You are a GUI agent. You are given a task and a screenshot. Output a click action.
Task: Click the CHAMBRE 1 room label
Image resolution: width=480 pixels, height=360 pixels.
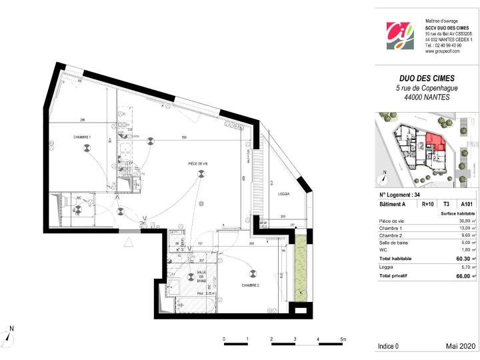pyautogui.click(x=82, y=137)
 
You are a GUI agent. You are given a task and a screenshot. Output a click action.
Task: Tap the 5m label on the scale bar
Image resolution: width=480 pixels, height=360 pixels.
pyautogui.click(x=342, y=339)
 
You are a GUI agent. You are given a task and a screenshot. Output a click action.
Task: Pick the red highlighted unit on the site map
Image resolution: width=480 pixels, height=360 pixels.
pyautogui.click(x=435, y=141)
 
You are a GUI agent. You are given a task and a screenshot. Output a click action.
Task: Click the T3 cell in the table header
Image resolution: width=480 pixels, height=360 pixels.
pyautogui.click(x=446, y=205)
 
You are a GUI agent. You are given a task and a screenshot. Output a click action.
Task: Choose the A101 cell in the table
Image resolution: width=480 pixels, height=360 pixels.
pyautogui.click(x=467, y=205)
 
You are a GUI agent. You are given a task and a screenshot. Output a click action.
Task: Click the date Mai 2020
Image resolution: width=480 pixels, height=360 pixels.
pyautogui.click(x=461, y=347)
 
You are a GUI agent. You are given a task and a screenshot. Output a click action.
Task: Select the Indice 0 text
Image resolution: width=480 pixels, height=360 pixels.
pyautogui.click(x=388, y=347)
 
